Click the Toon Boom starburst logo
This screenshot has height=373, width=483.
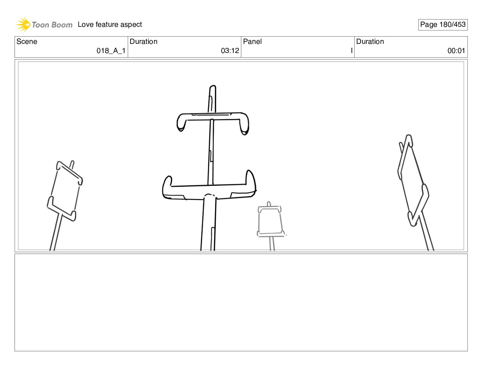click(23, 24)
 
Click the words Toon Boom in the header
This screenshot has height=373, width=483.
click(52, 25)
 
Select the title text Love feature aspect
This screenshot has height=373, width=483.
click(110, 24)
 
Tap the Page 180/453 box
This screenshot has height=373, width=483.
click(443, 25)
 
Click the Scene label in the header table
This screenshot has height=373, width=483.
click(27, 41)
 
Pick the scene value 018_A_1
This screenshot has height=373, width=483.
click(111, 51)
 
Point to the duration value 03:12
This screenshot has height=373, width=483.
click(230, 51)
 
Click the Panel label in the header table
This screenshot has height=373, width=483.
click(252, 41)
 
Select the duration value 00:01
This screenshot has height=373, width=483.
click(456, 51)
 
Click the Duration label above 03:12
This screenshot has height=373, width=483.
click(143, 41)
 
